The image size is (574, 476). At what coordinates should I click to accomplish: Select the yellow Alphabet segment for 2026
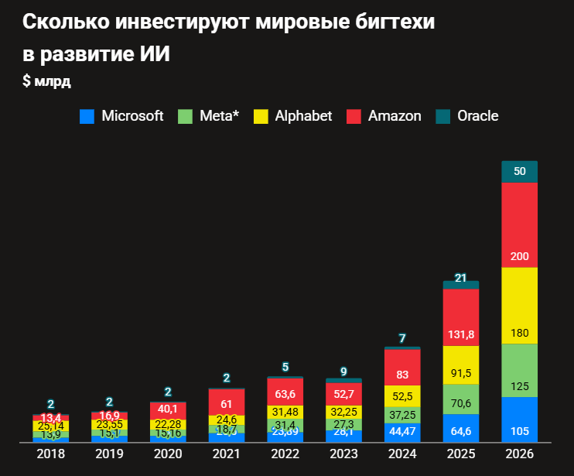click(520, 306)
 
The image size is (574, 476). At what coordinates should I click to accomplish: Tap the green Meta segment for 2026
click(520, 370)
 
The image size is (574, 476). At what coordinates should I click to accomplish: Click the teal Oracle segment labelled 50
click(520, 171)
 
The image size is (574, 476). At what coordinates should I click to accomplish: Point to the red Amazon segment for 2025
click(461, 317)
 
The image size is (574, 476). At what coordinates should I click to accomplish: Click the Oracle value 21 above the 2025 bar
click(461, 278)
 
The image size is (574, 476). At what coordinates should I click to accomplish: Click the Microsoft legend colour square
click(87, 117)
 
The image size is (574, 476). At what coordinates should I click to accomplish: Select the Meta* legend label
click(219, 116)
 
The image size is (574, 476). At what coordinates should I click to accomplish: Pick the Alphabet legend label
click(303, 116)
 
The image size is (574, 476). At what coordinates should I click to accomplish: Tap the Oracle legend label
click(477, 116)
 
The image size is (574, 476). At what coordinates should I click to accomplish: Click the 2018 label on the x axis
click(51, 454)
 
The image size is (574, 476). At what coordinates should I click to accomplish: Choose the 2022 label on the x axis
click(285, 454)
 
